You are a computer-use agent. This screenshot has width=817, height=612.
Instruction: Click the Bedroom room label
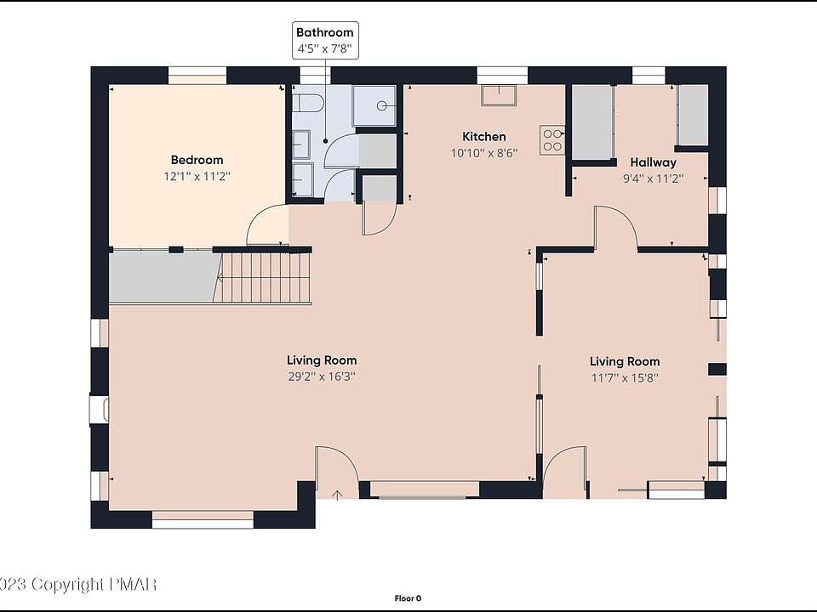tap(197, 161)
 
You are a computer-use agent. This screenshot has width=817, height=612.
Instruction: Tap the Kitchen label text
tap(484, 136)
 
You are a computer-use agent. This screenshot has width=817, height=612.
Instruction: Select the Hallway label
tap(653, 162)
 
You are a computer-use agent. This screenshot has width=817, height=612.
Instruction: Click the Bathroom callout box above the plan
tap(325, 40)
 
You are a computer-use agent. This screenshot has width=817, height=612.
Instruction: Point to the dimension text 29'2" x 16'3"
tap(322, 377)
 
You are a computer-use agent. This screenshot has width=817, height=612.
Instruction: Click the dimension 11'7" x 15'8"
tap(625, 377)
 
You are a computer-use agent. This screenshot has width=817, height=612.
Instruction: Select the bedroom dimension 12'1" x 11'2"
tap(197, 177)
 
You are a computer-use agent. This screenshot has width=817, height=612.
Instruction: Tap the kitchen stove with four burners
tap(552, 140)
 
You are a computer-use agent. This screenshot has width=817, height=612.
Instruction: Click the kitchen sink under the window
tap(499, 95)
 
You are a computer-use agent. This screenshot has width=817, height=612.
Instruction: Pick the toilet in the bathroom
tap(306, 103)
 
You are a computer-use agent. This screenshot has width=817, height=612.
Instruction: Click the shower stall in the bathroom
tap(374, 105)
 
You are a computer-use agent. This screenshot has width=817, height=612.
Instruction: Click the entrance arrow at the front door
tap(337, 495)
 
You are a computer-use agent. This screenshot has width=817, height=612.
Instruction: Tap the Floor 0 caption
tap(408, 598)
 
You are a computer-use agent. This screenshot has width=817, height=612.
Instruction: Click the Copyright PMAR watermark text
tap(78, 585)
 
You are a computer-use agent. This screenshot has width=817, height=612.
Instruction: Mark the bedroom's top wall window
tap(197, 76)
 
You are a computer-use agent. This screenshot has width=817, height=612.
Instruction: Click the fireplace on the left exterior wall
tap(99, 410)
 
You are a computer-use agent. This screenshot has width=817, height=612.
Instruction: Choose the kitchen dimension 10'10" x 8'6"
tap(484, 153)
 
